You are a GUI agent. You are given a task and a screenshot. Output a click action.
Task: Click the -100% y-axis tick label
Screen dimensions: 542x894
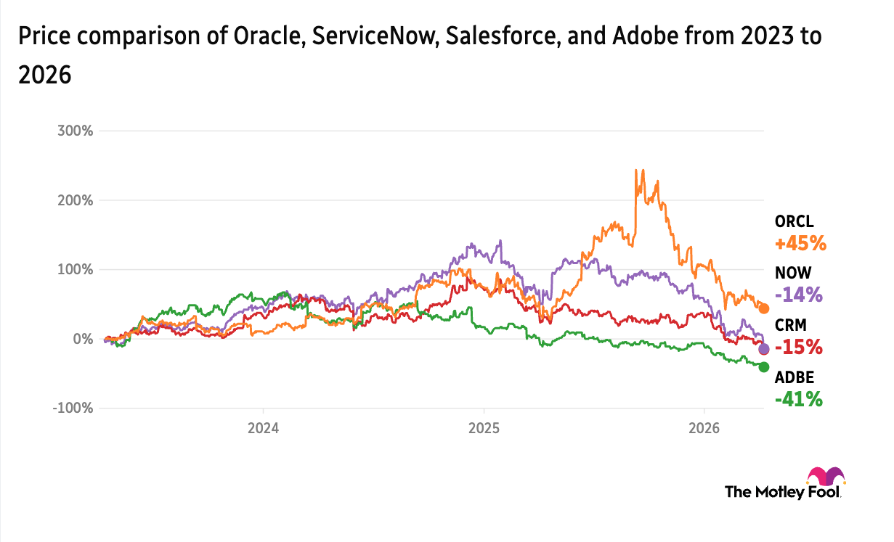(71, 408)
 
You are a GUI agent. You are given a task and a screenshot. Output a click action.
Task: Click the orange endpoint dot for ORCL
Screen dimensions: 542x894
(764, 308)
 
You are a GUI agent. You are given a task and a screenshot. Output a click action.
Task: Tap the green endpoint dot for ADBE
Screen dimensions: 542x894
(764, 367)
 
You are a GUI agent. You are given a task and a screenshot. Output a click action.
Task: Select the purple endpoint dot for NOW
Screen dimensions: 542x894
(764, 349)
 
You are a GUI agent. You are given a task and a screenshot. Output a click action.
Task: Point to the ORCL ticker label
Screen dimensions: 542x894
(793, 222)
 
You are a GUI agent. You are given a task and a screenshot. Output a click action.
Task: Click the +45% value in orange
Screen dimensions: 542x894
(800, 243)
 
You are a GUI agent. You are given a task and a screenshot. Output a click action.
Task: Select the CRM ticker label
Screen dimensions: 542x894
(790, 325)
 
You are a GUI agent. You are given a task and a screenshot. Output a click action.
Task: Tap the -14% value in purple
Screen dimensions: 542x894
(799, 295)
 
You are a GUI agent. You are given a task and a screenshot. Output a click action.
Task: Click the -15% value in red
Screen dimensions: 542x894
(799, 347)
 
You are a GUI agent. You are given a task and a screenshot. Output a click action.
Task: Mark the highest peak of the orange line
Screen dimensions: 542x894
(636, 171)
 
